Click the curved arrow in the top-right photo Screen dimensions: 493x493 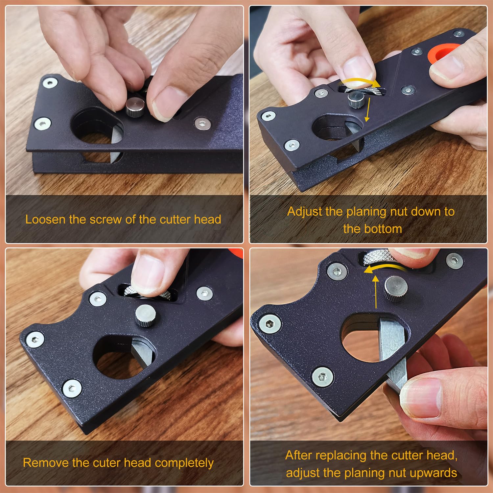click(358, 82)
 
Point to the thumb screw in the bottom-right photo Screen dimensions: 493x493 click(396, 288)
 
